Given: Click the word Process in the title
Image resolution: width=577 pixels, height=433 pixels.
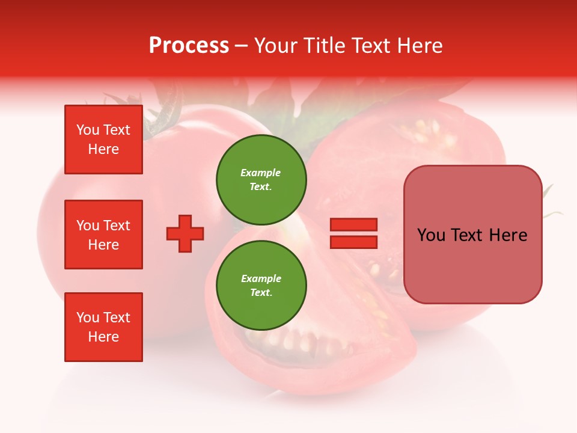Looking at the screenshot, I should [x=189, y=46].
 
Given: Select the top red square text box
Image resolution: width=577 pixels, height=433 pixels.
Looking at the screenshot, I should [x=103, y=140].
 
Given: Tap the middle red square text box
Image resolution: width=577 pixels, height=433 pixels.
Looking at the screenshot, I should [x=103, y=235].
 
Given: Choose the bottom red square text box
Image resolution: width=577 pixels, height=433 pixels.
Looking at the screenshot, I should [x=103, y=327].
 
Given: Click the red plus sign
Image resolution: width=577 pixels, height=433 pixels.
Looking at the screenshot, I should [x=185, y=233].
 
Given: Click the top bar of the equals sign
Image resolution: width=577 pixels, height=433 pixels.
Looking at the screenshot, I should [x=353, y=225].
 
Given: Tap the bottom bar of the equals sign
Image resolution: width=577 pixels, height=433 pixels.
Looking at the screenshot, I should [x=353, y=242].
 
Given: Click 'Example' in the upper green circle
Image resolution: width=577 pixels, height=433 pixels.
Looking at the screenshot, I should [x=260, y=173].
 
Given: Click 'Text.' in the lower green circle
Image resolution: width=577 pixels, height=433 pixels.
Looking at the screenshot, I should [x=261, y=293].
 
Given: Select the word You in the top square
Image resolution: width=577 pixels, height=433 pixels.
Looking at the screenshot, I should [x=87, y=130].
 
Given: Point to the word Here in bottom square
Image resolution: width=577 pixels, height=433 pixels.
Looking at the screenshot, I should [x=103, y=337].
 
